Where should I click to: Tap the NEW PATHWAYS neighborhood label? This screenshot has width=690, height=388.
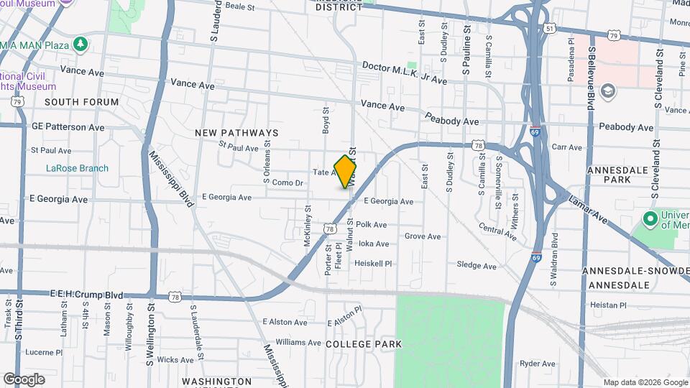[236, 134]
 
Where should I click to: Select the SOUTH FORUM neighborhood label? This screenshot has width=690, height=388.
[81, 103]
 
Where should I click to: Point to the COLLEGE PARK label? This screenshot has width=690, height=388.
[363, 344]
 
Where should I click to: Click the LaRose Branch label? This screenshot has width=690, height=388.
[77, 169]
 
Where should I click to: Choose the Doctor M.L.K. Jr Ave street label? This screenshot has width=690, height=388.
[405, 73]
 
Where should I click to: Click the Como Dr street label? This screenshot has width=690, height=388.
[287, 183]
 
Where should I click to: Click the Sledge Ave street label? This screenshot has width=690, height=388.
[477, 266]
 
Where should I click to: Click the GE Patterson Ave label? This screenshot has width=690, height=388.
[68, 127]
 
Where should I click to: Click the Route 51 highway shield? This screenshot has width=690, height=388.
[550, 28]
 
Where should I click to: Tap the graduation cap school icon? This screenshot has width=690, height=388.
[608, 91]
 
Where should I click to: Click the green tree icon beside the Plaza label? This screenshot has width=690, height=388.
[81, 45]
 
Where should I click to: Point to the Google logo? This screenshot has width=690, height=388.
[24, 379]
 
